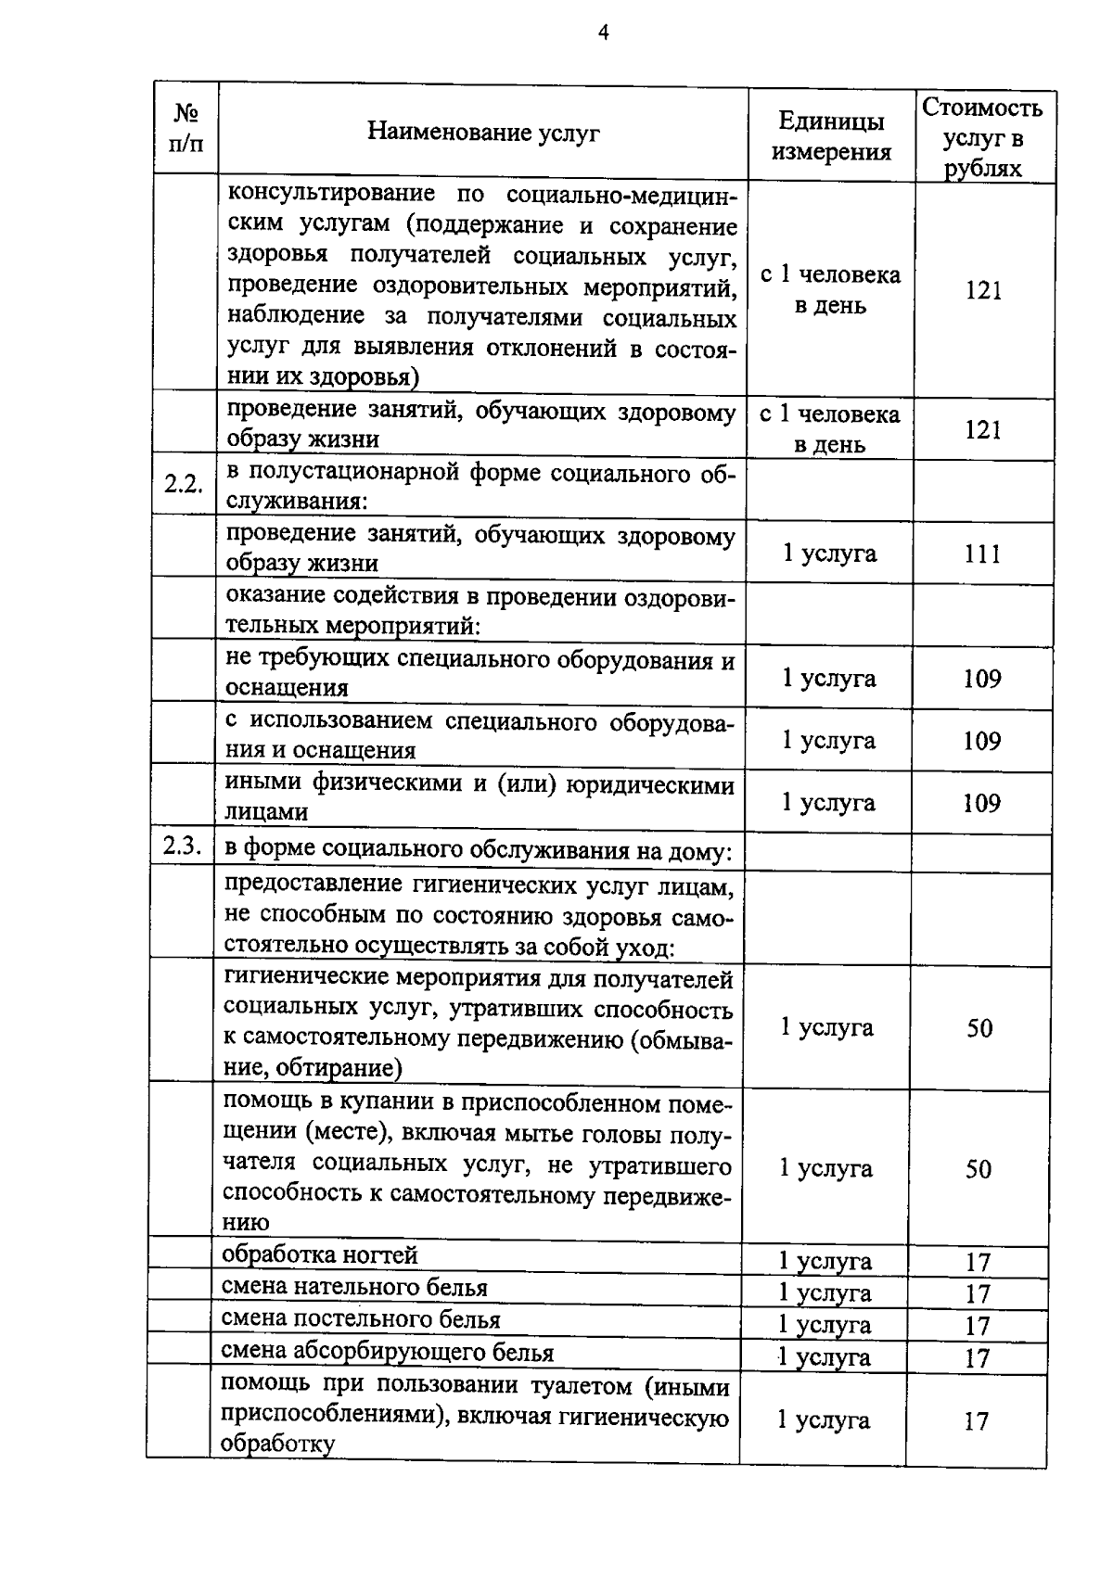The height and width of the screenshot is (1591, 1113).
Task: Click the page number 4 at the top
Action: [x=604, y=33]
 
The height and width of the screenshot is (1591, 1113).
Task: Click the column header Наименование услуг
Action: [x=483, y=133]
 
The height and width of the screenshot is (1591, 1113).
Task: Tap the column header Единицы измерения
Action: [x=831, y=136]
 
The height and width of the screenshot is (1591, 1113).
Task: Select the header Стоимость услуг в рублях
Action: [x=983, y=137]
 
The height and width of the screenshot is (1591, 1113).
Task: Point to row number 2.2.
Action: [x=184, y=483]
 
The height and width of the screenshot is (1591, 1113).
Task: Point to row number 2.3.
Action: [x=181, y=846]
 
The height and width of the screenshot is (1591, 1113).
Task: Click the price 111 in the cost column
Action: [x=982, y=554]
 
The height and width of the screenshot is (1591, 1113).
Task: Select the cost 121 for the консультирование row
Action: [x=983, y=290]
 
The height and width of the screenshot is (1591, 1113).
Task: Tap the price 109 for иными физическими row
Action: [x=981, y=803]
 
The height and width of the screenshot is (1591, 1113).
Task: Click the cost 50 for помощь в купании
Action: [x=979, y=1169]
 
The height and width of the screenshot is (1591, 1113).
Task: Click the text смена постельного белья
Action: [x=361, y=1319]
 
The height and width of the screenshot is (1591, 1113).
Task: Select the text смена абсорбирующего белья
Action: [x=387, y=1352]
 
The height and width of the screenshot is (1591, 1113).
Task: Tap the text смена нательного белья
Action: [x=354, y=1287]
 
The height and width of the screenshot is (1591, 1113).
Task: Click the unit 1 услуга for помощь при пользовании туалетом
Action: [x=823, y=1420]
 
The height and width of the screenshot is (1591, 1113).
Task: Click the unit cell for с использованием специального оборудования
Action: [x=828, y=740]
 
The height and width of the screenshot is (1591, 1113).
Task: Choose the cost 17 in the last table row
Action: [x=976, y=1421]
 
